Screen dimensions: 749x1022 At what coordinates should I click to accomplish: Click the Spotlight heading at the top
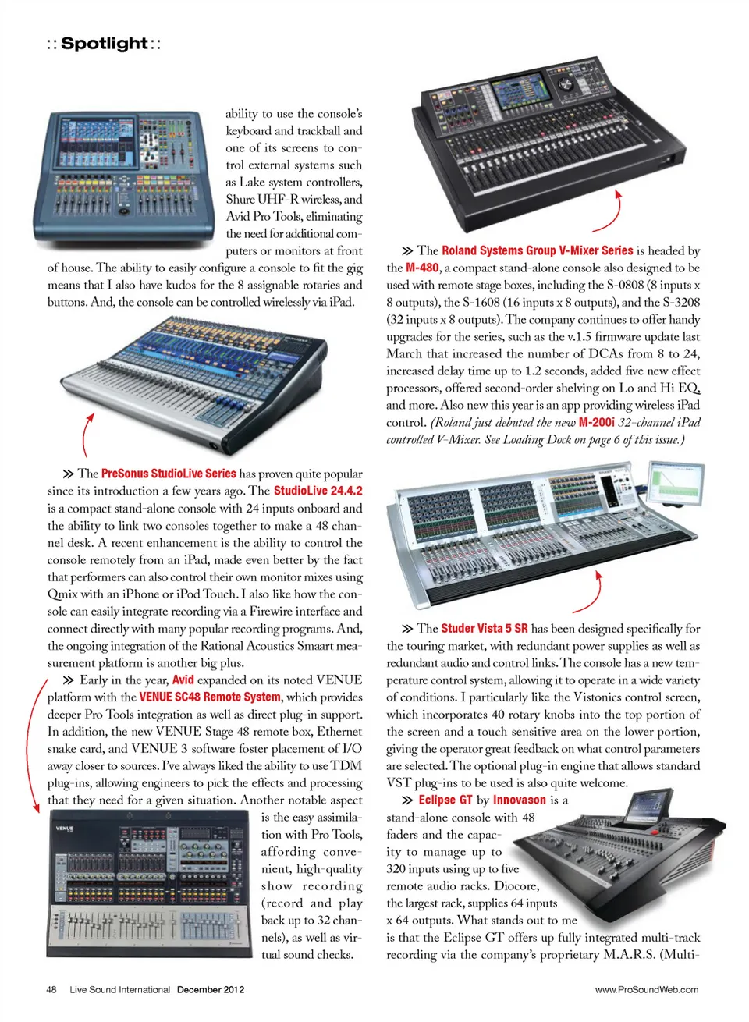point(104,44)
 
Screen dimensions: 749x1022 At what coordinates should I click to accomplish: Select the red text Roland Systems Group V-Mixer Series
point(538,250)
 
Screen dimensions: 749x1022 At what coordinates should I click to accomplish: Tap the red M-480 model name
point(422,268)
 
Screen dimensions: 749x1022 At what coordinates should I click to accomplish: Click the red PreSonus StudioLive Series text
point(169,474)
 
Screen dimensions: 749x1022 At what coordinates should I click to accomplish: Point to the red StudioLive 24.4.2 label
point(318,491)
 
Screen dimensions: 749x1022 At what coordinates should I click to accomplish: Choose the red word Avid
point(183,680)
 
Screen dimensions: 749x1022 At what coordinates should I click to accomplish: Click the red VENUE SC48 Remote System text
point(210,697)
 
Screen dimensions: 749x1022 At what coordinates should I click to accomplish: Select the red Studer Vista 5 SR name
point(485,629)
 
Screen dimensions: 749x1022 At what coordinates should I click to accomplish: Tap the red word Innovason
point(520,800)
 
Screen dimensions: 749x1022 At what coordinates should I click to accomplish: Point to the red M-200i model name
point(597,423)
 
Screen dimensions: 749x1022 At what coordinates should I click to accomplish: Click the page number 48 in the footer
point(51,989)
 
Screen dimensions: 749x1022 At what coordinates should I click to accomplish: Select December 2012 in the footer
point(211,989)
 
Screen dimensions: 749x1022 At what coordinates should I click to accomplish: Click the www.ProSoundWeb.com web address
point(647,989)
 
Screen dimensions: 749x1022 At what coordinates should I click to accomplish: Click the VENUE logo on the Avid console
point(64,828)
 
